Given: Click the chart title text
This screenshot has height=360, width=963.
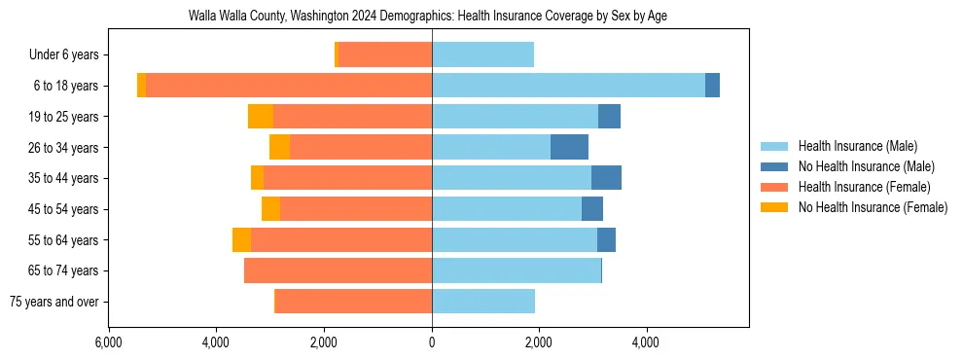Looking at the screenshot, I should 428,17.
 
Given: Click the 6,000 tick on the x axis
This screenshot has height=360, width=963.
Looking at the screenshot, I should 109,342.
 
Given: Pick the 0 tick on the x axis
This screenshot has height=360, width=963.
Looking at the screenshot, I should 432,342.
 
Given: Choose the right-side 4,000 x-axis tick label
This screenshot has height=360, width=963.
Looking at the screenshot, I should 646,342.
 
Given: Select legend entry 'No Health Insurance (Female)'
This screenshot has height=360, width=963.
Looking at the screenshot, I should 873,207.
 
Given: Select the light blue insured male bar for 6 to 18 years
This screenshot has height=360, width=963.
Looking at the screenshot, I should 568,86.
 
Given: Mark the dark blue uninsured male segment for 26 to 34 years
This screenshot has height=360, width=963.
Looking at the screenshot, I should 569,147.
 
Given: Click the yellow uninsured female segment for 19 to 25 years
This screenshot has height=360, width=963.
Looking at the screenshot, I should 261,117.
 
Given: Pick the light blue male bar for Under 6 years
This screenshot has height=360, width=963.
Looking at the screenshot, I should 482,55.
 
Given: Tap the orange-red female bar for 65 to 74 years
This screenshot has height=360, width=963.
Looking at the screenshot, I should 338,270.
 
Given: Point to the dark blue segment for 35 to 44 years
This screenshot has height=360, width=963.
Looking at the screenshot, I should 606,178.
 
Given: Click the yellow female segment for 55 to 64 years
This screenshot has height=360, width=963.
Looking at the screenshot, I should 241,239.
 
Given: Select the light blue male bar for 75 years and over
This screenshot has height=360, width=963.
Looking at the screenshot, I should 483,302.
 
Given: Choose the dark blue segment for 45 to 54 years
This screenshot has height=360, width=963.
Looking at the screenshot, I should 592,209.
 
